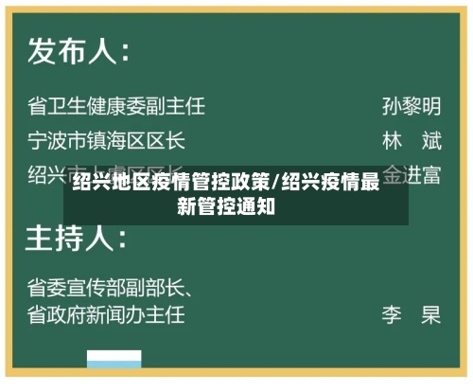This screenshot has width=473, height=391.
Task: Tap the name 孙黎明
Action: coord(412,105)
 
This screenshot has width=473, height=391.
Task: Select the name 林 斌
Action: coord(412,141)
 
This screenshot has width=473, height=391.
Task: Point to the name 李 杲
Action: coord(412,313)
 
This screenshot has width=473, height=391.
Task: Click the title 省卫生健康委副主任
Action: coord(116,105)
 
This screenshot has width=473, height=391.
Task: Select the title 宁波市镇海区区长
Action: coord(107,141)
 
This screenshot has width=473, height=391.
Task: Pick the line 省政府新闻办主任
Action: coord(107,313)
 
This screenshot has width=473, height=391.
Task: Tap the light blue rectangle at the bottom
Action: coord(114,359)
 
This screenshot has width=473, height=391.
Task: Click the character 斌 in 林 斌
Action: coord(431,141)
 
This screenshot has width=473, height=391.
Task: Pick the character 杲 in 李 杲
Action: coord(431,313)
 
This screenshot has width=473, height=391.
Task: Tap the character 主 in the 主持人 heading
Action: coord(43,233)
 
